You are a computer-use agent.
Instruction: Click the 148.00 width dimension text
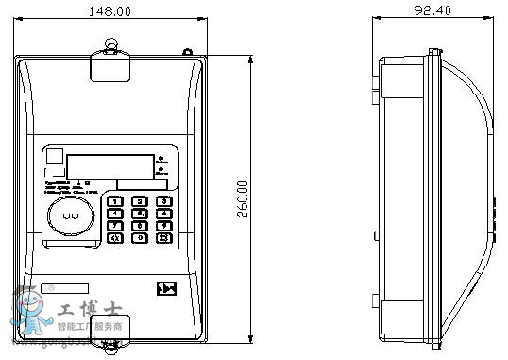pyautogui.click(x=111, y=11)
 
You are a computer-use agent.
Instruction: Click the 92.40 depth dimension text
pyautogui.click(x=437, y=11)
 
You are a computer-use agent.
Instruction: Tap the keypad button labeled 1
pyautogui.click(x=115, y=201)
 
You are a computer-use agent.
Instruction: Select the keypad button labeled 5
pyautogui.click(x=139, y=214)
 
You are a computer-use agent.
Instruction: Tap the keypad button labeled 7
pyautogui.click(x=115, y=226)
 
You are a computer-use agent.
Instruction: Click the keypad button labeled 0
pyautogui.click(x=139, y=238)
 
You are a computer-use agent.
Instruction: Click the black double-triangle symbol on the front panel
pyautogui.click(x=166, y=288)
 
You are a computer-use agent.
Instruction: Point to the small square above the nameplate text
pyautogui.click(x=55, y=158)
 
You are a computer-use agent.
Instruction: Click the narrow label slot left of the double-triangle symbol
pyautogui.click(x=65, y=288)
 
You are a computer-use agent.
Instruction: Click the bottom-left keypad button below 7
pyautogui.click(x=115, y=238)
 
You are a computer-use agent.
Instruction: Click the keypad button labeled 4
pyautogui.click(x=115, y=214)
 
